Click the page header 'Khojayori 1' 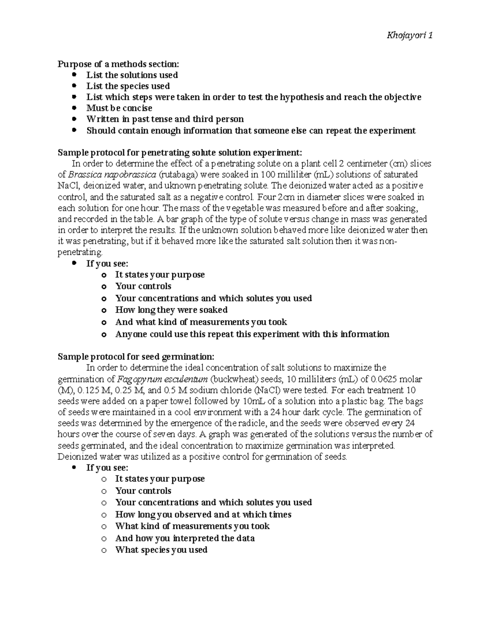[410, 36]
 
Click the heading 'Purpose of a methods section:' [118, 64]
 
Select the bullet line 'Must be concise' [119, 108]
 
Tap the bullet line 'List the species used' [128, 86]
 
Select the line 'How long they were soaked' [171, 310]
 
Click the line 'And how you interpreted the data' [185, 538]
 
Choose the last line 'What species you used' [161, 550]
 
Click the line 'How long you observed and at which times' [203, 514]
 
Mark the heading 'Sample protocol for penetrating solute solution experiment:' [180, 153]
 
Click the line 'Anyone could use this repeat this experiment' [252, 334]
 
